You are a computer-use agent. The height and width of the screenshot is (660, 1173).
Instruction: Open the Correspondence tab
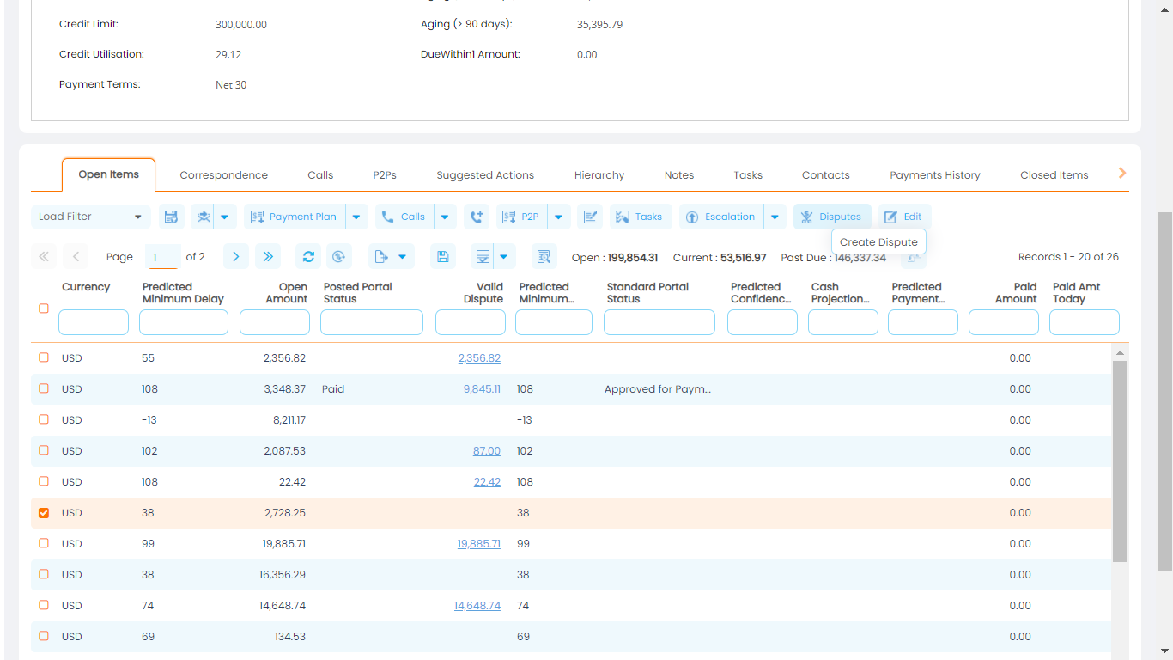pos(223,175)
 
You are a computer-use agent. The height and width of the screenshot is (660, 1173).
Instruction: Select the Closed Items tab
pos(1054,175)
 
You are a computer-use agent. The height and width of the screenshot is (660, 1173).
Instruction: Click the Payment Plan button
pos(295,217)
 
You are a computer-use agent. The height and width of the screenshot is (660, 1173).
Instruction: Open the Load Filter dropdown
pos(90,217)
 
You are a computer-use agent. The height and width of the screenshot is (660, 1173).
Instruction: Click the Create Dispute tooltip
pos(878,242)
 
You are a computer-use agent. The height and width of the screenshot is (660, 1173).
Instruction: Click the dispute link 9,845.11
pos(481,389)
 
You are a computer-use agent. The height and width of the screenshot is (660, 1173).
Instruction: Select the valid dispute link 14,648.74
pos(477,606)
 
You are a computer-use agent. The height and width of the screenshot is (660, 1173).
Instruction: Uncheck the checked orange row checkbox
pos(44,513)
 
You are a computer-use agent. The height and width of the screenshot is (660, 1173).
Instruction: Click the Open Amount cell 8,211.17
pos(289,420)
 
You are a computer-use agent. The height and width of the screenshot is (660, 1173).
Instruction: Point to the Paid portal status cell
pos(333,389)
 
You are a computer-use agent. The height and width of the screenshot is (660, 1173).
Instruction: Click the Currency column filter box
pos(93,322)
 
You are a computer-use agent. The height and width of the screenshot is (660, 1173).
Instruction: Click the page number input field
pos(163,257)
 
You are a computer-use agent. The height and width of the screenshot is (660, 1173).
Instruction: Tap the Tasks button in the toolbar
pos(641,217)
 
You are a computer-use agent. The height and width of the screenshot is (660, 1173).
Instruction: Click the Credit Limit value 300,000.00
pos(240,25)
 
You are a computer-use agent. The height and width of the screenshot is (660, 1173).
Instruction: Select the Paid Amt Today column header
pos(1076,293)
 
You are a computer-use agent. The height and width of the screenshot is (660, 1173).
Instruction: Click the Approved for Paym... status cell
pos(657,389)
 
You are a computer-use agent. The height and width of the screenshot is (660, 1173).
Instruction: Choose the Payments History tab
pos(934,175)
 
